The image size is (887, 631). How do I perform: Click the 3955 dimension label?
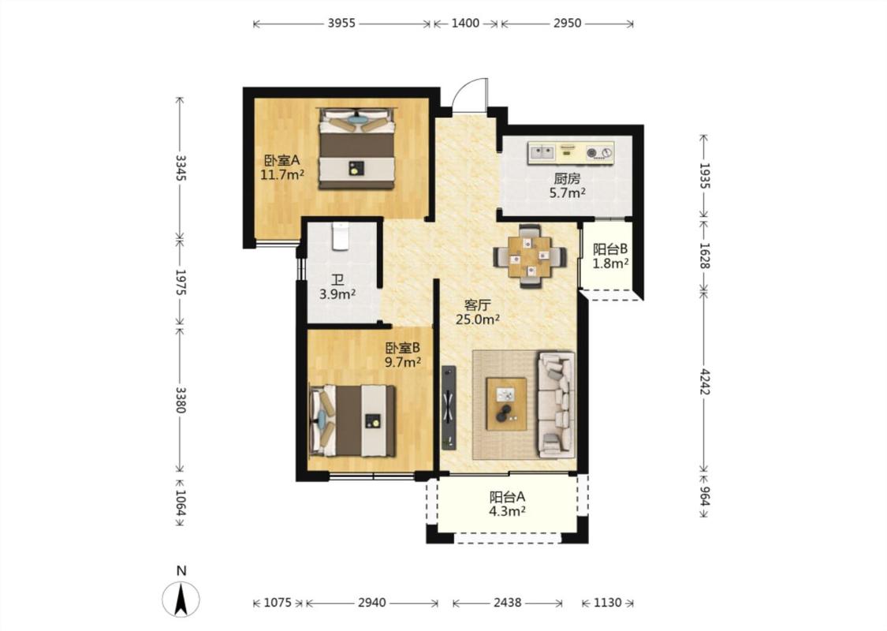pos(341,23)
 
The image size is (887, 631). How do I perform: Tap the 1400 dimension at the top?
pos(465,23)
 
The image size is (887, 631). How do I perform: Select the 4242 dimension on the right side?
pos(704,382)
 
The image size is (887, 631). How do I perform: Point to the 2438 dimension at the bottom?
pos(508,603)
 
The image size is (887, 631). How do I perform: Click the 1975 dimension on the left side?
pos(181,282)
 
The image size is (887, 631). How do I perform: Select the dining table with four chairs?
pos(530,257)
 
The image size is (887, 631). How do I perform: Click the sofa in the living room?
pos(557,404)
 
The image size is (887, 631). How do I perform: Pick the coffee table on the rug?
pos(506,404)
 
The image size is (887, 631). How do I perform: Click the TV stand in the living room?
pos(449,408)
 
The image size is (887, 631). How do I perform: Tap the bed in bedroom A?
pos(356,148)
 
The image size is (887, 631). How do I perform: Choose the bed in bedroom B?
pos(352,420)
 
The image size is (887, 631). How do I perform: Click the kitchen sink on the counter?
pos(542,151)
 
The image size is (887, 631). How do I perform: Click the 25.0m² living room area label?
pos(478,319)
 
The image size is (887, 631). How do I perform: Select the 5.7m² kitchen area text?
pos(568,193)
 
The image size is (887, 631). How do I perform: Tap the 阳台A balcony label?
pos(508,497)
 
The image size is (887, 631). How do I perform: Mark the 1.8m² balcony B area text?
pos(610,263)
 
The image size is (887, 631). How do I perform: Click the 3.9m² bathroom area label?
pos(337,294)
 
